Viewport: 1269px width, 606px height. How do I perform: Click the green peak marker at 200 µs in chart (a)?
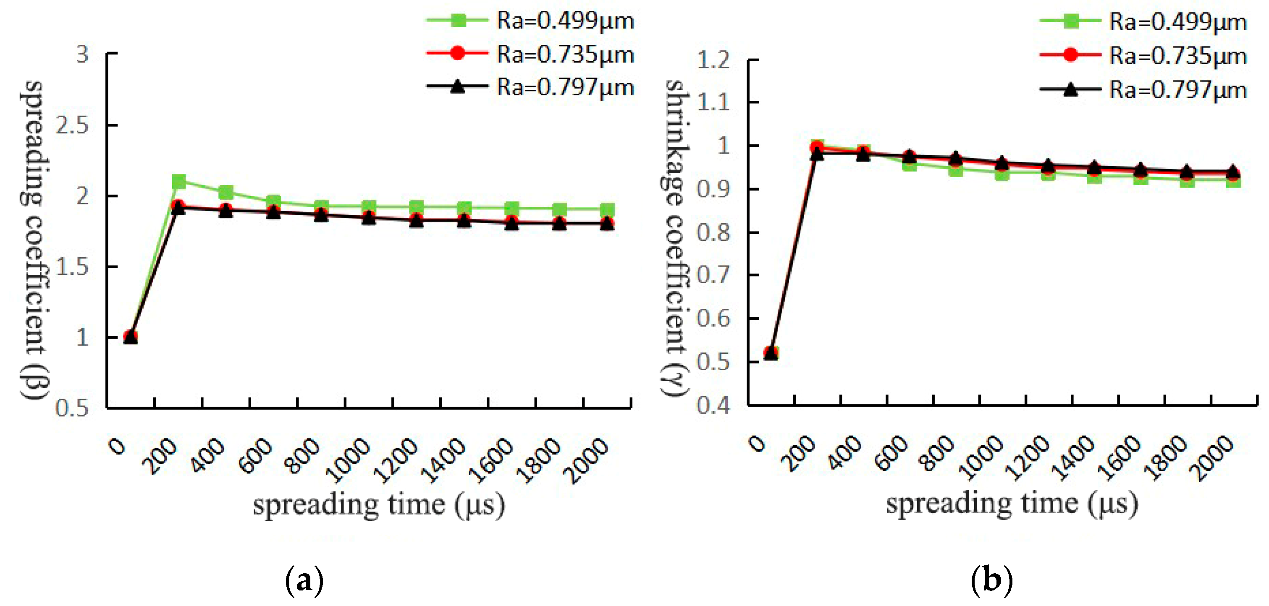point(179,182)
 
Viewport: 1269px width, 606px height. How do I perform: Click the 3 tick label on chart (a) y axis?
point(82,54)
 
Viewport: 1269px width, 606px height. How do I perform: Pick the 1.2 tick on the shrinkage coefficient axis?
point(713,60)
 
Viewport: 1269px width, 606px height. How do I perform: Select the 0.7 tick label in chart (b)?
point(713,275)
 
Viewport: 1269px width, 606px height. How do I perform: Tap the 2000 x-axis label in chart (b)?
point(1212,459)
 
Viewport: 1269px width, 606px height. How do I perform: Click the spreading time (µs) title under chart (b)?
point(1012,504)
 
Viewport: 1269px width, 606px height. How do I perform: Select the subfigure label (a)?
point(304,581)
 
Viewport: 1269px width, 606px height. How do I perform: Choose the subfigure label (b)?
point(991,581)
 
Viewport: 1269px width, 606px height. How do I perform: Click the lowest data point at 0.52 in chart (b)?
point(771,353)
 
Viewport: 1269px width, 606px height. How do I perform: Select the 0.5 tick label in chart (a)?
point(72,408)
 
